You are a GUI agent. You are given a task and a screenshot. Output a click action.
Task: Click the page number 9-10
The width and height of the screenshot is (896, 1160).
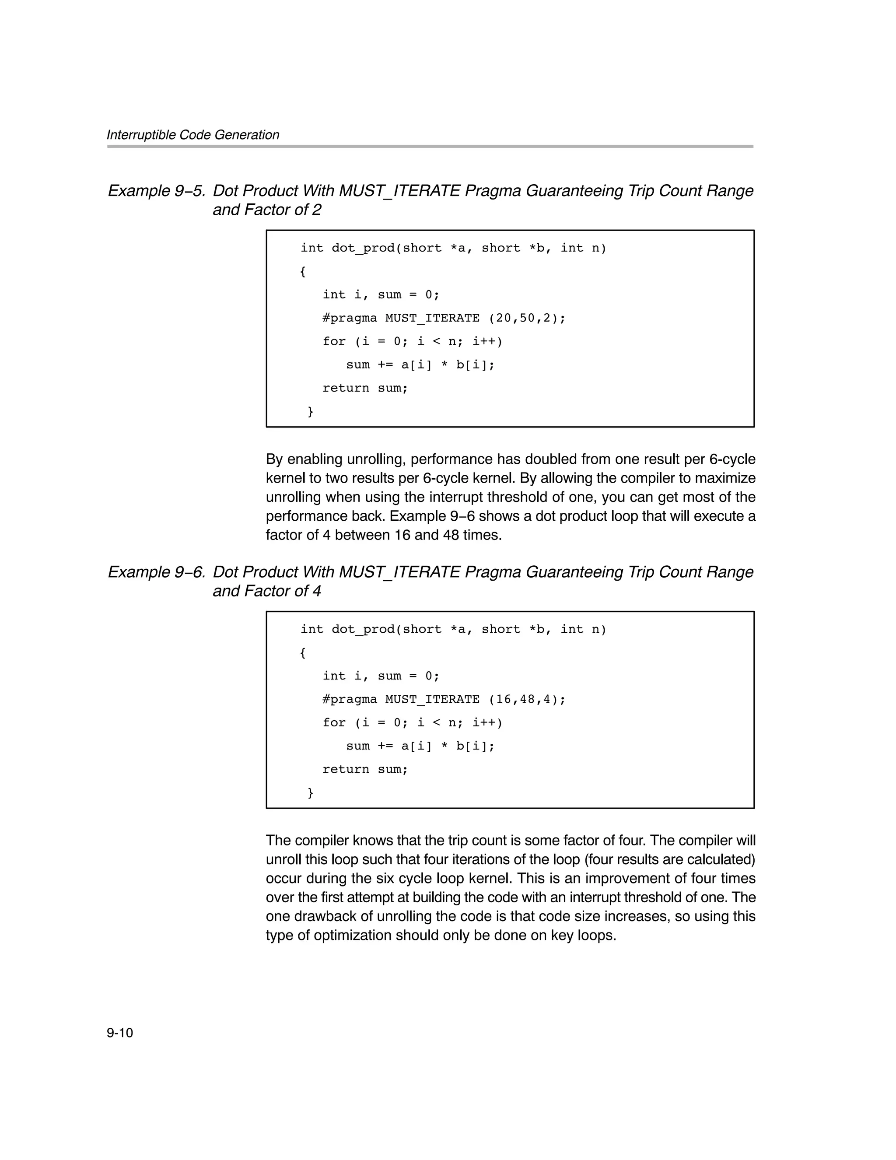tap(119, 1033)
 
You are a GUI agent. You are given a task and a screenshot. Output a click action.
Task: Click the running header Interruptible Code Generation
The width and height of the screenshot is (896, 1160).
tap(193, 135)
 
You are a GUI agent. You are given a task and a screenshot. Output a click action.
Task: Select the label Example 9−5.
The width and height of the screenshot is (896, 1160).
tap(156, 191)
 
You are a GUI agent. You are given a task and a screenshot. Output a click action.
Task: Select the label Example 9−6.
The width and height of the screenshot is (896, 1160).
tap(156, 572)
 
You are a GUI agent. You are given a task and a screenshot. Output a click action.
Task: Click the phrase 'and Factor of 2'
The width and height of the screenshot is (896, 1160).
tap(266, 210)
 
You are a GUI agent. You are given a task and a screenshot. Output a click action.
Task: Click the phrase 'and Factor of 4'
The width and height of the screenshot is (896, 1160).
tap(266, 591)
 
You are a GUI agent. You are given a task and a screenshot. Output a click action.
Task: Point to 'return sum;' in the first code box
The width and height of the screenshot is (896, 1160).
tap(365, 388)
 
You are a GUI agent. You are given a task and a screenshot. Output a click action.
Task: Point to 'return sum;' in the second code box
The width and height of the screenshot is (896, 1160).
tap(365, 770)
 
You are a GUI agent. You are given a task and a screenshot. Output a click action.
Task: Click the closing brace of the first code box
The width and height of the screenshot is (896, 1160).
tap(310, 412)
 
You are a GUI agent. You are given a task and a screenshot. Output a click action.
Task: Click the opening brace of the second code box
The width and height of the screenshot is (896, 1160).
tap(303, 653)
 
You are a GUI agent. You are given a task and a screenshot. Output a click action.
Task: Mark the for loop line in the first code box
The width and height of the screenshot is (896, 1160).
tap(412, 341)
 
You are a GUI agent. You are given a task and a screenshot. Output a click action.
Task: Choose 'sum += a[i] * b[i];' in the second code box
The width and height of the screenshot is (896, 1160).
tap(420, 746)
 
